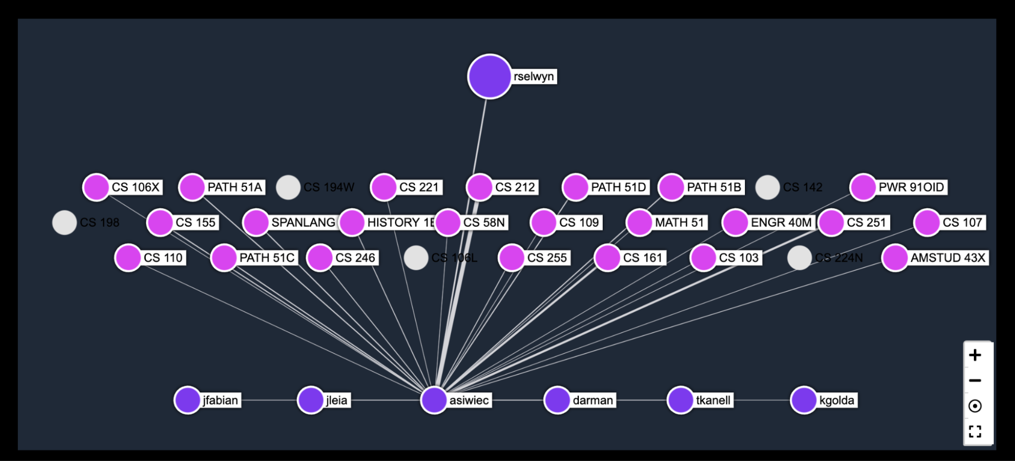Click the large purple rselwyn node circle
(x=489, y=76)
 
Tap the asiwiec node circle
(x=434, y=400)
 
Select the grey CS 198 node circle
(x=64, y=223)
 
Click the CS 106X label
(x=136, y=187)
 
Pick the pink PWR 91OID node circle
(x=863, y=187)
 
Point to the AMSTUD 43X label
(x=947, y=258)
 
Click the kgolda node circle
(x=804, y=400)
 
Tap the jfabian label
(x=220, y=400)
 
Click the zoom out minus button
(x=975, y=380)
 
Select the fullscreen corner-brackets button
(x=975, y=432)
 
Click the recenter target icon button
(x=975, y=406)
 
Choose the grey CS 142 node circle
(x=767, y=188)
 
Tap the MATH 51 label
(x=679, y=223)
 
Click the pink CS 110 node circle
(x=128, y=258)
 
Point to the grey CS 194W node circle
(x=288, y=188)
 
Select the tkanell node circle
(x=680, y=400)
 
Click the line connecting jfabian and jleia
(x=269, y=400)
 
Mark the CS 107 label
(x=962, y=223)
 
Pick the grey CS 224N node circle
(x=799, y=258)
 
